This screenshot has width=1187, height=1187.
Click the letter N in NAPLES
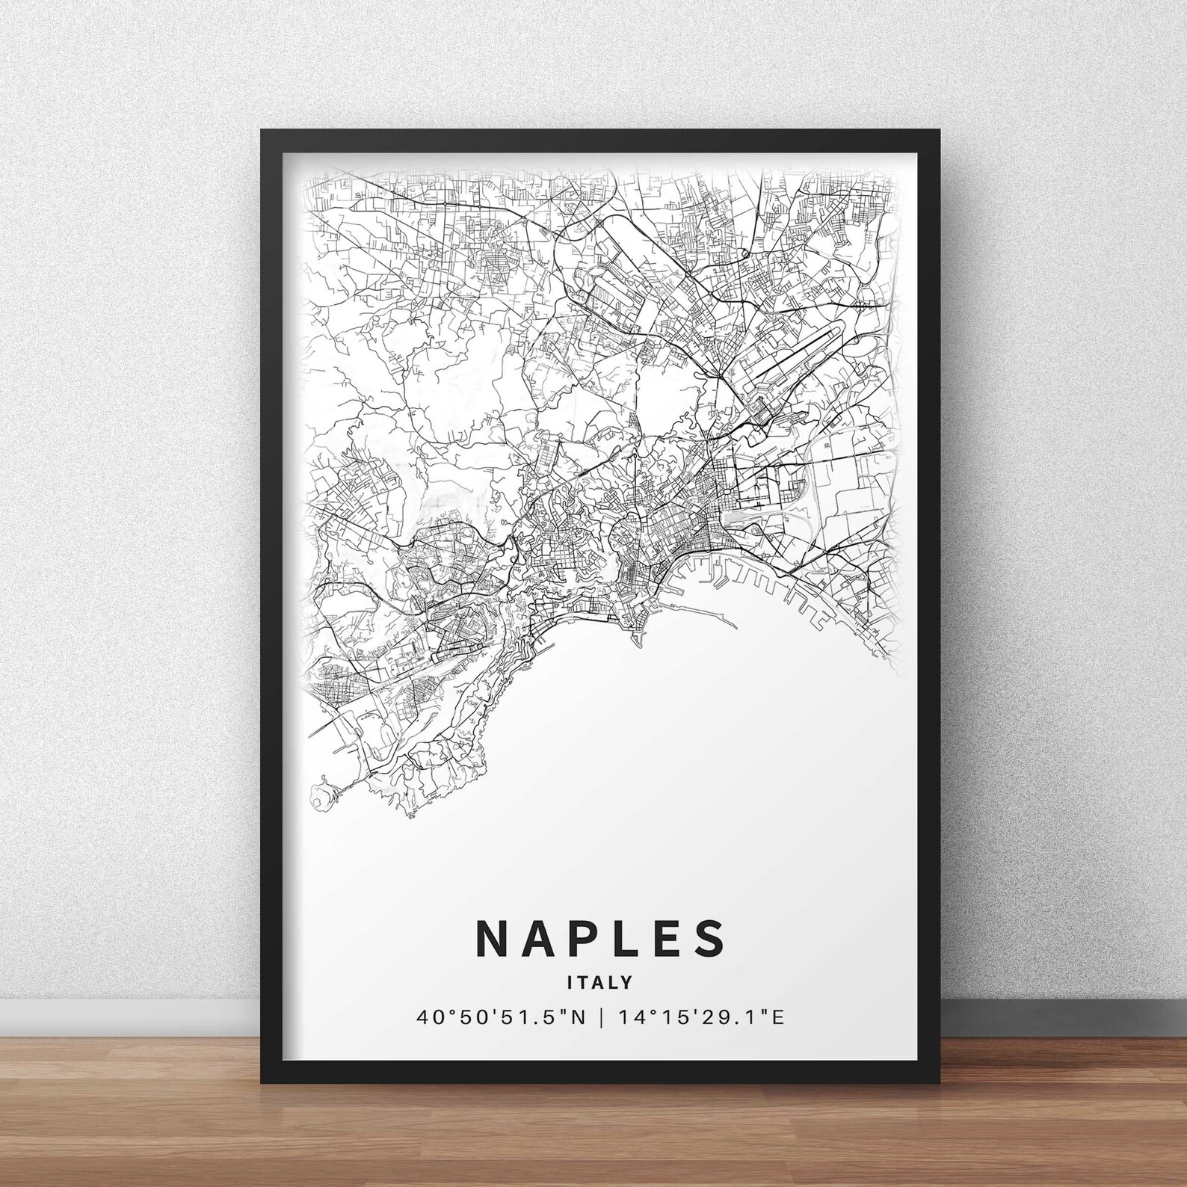pyautogui.click(x=493, y=938)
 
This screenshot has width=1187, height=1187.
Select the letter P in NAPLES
pyautogui.click(x=586, y=938)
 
